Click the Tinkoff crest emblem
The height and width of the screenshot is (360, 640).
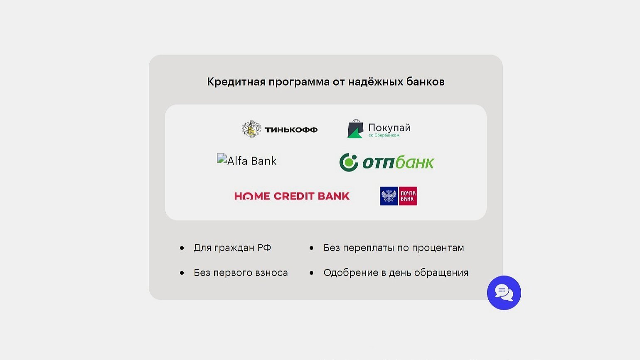(251, 129)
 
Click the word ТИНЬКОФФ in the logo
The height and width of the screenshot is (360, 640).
(291, 130)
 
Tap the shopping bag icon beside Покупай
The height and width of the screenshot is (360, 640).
(355, 129)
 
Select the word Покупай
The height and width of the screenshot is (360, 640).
(389, 128)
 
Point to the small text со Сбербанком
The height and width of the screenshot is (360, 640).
(384, 135)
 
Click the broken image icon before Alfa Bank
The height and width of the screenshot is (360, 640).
(222, 158)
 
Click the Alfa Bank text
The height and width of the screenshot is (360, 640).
(252, 161)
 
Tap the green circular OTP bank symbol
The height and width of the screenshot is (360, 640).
(349, 162)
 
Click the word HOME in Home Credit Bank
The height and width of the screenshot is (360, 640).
(252, 196)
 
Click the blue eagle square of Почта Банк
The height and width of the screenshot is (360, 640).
(389, 196)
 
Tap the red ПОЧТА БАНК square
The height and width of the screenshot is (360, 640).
(408, 196)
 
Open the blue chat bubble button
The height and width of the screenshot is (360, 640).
(504, 293)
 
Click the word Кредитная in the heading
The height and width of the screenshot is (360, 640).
(236, 82)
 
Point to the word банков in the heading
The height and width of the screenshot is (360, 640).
(426, 82)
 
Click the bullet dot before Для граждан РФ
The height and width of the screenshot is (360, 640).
(182, 248)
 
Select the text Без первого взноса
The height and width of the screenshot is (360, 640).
(241, 273)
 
